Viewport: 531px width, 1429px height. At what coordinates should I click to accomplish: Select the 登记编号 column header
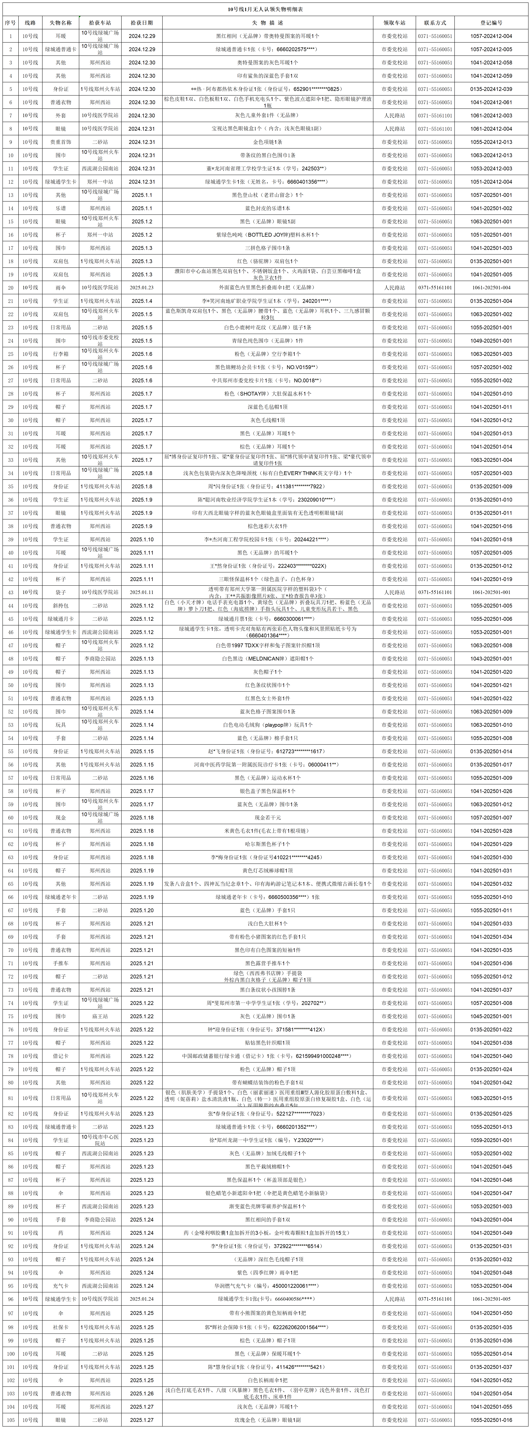pyautogui.click(x=491, y=23)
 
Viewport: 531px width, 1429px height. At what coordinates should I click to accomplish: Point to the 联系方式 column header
pyautogui.click(x=435, y=23)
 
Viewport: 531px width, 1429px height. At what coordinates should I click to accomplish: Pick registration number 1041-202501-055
pyautogui.click(x=491, y=1407)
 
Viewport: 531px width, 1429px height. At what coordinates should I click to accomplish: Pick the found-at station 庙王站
pyautogui.click(x=100, y=1016)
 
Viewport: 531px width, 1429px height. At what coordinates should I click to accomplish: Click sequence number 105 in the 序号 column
pyautogui.click(x=10, y=1420)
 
